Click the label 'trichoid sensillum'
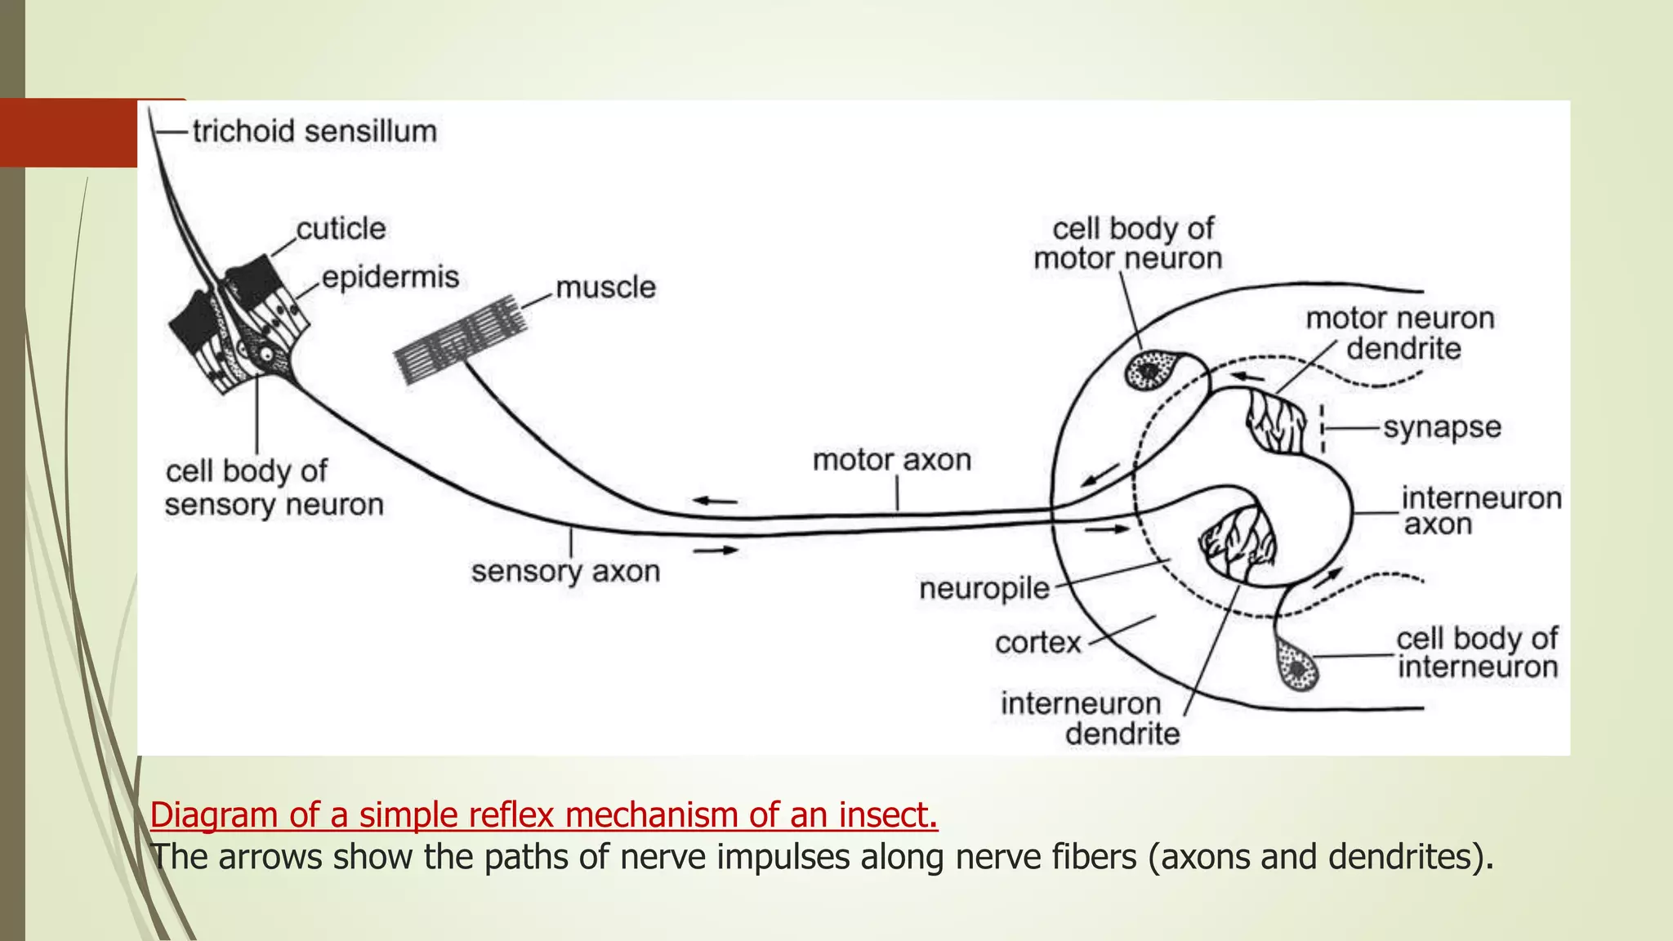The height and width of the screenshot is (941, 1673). (x=315, y=132)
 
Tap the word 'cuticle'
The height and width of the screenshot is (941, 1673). (x=341, y=229)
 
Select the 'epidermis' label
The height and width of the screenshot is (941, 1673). (x=390, y=278)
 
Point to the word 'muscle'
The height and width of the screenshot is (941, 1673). (x=605, y=288)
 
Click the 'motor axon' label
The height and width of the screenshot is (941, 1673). (x=892, y=460)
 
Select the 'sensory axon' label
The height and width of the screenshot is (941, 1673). (x=565, y=571)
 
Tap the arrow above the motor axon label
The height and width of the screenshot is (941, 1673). (x=716, y=501)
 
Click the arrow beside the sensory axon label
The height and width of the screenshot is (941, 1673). (x=716, y=551)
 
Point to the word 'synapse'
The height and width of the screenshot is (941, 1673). (x=1442, y=427)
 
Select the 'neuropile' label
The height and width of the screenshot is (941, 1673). (x=984, y=588)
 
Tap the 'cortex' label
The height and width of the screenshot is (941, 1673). (x=1037, y=643)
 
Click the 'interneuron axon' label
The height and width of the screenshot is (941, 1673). (x=1480, y=511)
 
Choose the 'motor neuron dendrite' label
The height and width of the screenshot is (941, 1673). (x=1400, y=333)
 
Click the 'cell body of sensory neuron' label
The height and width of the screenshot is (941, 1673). (x=274, y=488)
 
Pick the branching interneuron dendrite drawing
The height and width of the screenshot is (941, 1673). (x=1238, y=539)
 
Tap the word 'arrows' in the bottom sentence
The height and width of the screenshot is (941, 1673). (x=270, y=857)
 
